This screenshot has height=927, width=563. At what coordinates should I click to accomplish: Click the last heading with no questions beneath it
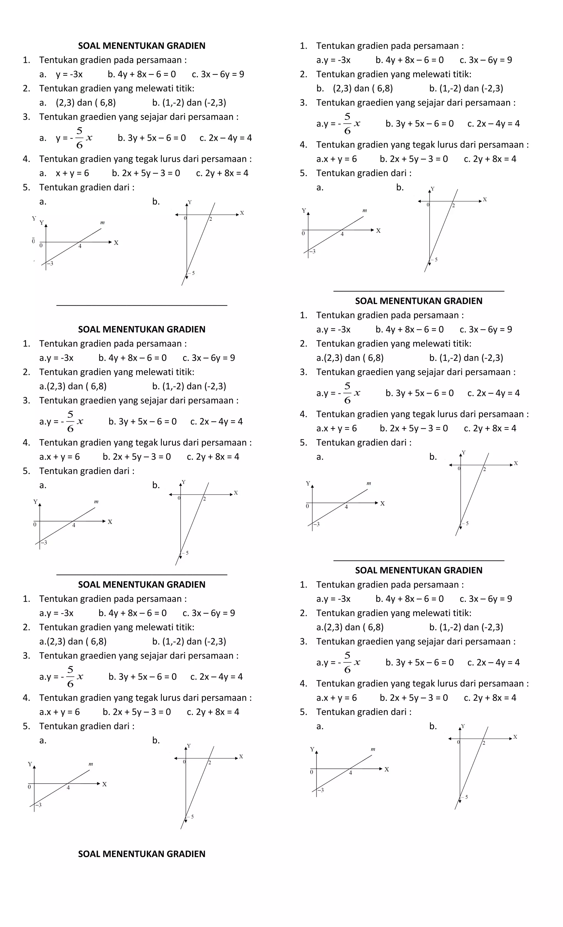(142, 854)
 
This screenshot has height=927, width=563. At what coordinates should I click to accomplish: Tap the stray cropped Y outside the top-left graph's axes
(34, 218)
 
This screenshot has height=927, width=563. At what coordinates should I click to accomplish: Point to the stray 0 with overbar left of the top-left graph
(33, 240)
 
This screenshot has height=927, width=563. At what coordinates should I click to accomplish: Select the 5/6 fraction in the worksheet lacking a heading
(347, 123)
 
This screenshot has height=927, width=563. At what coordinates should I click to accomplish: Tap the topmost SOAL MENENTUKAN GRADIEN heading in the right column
(418, 301)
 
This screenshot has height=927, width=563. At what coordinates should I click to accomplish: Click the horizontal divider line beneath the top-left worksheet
(142, 305)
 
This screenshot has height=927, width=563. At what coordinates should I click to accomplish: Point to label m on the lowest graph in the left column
(91, 764)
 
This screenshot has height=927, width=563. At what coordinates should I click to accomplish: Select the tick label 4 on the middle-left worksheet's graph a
(74, 525)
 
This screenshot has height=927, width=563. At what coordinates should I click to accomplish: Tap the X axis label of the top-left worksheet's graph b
(242, 213)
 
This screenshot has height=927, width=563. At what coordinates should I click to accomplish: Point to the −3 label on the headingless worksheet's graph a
(312, 251)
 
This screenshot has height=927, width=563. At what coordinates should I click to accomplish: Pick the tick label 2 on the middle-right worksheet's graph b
(484, 469)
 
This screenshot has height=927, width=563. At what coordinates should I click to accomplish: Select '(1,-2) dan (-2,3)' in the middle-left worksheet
(189, 386)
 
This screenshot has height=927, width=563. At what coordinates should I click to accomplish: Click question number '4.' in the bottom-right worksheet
(303, 683)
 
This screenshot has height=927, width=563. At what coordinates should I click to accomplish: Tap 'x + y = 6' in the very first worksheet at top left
(72, 173)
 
